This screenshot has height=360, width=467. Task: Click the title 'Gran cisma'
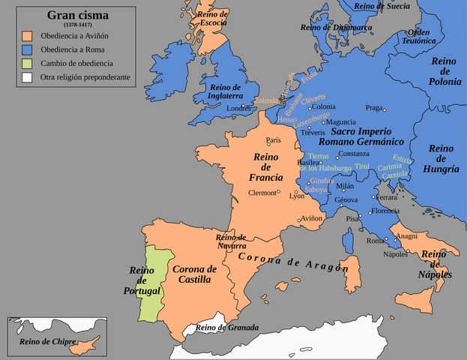(x=79, y=15)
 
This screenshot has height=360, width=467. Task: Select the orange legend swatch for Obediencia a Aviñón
(x=28, y=35)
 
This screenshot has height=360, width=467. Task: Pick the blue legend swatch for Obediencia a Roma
(x=28, y=49)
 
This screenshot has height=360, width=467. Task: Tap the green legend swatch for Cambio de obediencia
(x=28, y=63)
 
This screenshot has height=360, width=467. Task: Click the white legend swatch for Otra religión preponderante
(x=28, y=77)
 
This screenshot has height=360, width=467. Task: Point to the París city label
(x=274, y=140)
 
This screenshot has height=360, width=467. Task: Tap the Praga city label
(x=374, y=107)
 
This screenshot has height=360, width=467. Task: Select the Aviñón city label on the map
(x=311, y=218)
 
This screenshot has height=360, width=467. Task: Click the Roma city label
(x=375, y=241)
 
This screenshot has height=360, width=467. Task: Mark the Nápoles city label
(x=396, y=254)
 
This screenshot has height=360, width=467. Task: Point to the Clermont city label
(x=262, y=193)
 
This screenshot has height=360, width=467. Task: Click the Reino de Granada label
(x=226, y=328)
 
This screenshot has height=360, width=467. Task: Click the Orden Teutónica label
(x=421, y=37)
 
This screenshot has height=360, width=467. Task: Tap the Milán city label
(x=345, y=186)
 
